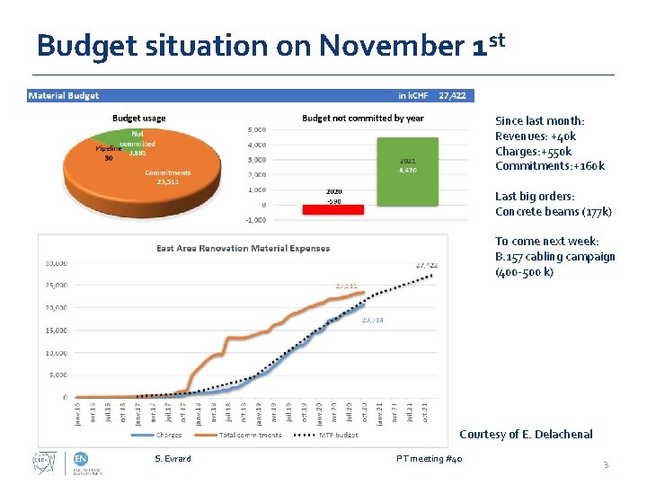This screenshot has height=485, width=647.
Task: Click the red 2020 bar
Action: coord(333,208)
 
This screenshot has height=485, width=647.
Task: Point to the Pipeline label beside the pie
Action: coord(109,150)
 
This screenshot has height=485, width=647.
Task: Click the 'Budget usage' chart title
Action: coord(138,118)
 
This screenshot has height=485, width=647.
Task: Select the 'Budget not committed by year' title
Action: coord(362,118)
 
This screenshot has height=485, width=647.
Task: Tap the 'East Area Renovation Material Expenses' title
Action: coord(243,248)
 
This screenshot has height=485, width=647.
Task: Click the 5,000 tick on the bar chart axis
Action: coord(256,129)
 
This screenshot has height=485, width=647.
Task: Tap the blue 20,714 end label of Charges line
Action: coord(372,320)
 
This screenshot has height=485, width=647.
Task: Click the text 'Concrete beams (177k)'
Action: coord(553,212)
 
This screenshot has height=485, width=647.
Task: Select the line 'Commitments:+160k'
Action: coord(549,166)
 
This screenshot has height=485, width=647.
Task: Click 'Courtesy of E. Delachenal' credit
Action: coord(526,435)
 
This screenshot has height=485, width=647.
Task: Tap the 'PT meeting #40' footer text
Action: coord(430,459)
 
